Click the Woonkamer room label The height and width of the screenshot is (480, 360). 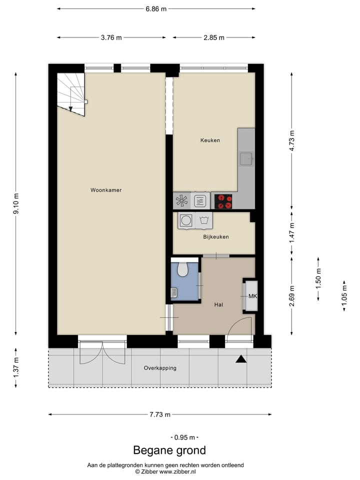pyautogui.click(x=106, y=190)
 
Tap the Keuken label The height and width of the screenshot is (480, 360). pyautogui.click(x=210, y=140)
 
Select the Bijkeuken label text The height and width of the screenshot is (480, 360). pyautogui.click(x=216, y=236)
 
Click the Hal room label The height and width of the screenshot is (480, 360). pyautogui.click(x=218, y=304)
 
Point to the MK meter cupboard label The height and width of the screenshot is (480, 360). pyautogui.click(x=252, y=296)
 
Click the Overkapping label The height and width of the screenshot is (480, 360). pyautogui.click(x=160, y=368)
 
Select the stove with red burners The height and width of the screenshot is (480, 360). pyautogui.click(x=223, y=201)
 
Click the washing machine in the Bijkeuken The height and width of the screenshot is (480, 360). pyautogui.click(x=186, y=220)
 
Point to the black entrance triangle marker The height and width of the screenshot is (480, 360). pyautogui.click(x=241, y=358)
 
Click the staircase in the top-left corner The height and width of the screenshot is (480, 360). pyautogui.click(x=70, y=93)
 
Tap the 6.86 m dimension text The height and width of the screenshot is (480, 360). pyautogui.click(x=156, y=8)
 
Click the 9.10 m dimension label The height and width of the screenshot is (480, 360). pyautogui.click(x=16, y=203)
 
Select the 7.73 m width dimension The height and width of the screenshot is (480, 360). pyautogui.click(x=160, y=414)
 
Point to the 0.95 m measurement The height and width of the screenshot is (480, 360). pyautogui.click(x=182, y=437)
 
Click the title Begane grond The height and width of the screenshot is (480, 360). pyautogui.click(x=169, y=450)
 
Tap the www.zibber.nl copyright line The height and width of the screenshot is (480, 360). pyautogui.click(x=165, y=471)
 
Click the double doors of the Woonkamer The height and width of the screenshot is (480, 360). pyautogui.click(x=102, y=352)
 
